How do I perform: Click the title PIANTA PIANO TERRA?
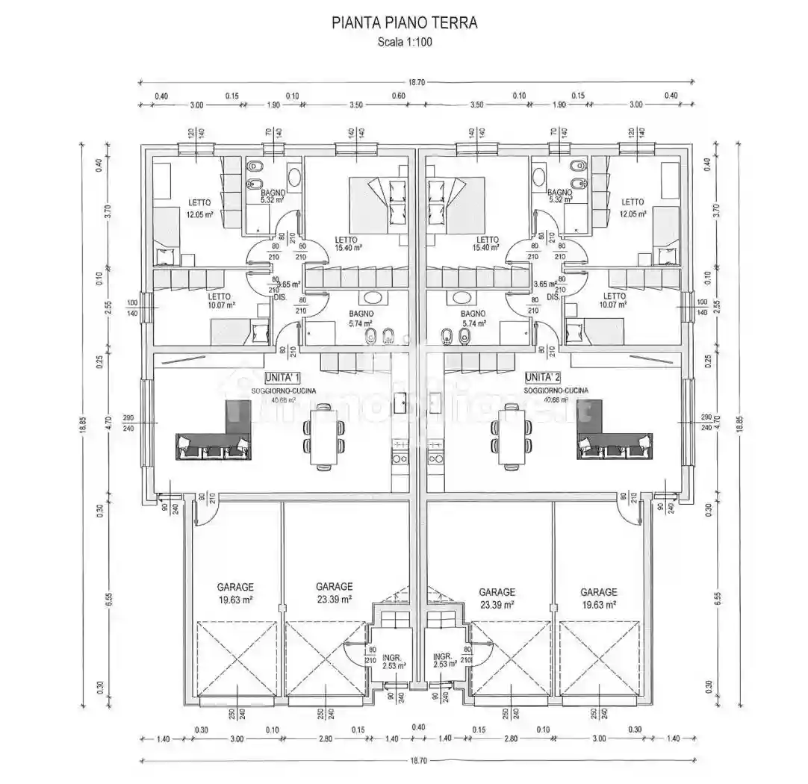[404, 23]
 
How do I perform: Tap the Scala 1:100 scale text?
[404, 42]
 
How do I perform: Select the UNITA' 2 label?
[542, 377]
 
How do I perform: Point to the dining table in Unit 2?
[511, 437]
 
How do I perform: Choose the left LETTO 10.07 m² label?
[221, 300]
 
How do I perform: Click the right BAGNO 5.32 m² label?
[560, 196]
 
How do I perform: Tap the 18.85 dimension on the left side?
[84, 426]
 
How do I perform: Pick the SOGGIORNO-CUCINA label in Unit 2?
[556, 391]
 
